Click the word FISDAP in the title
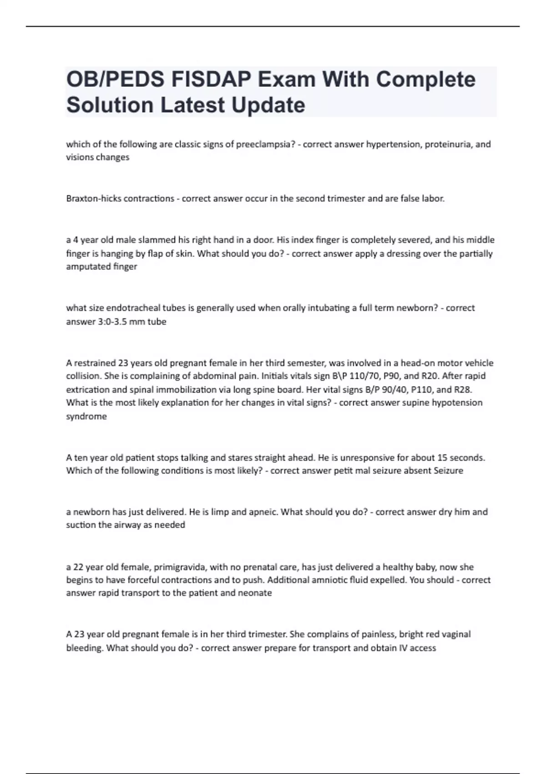211,80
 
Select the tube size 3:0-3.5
109,322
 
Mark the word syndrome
86,417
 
